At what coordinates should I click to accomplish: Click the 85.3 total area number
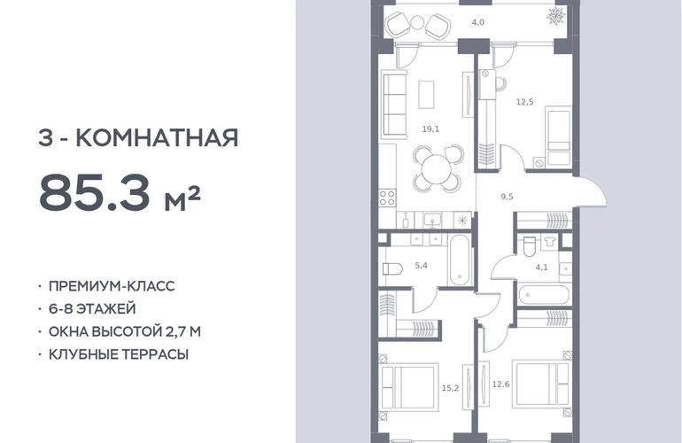pyautogui.click(x=95, y=191)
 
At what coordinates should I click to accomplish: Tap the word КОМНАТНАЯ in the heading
pyautogui.click(x=157, y=138)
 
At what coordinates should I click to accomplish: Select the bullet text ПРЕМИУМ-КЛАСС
pyautogui.click(x=112, y=286)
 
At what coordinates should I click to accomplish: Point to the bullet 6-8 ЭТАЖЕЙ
pyautogui.click(x=92, y=308)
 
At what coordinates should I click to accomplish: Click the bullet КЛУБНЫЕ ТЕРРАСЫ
pyautogui.click(x=119, y=354)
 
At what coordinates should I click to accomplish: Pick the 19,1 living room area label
pyautogui.click(x=430, y=128)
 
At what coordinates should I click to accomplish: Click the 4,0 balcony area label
pyautogui.click(x=478, y=22)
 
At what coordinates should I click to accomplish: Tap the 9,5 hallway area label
pyautogui.click(x=507, y=197)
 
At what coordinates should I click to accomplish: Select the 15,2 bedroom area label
pyautogui.click(x=450, y=388)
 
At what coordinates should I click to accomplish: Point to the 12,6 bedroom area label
pyautogui.click(x=500, y=385)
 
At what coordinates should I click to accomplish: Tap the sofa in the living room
pyautogui.click(x=394, y=105)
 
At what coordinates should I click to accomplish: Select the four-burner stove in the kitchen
pyautogui.click(x=387, y=198)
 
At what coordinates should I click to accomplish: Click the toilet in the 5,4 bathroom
pyautogui.click(x=392, y=269)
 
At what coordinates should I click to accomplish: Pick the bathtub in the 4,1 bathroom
pyautogui.click(x=543, y=295)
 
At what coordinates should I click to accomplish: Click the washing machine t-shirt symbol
pyautogui.click(x=548, y=242)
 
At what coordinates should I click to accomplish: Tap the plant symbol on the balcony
pyautogui.click(x=556, y=17)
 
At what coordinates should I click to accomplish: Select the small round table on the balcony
pyautogui.click(x=417, y=22)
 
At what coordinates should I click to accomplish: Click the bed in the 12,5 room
pyautogui.click(x=559, y=137)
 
